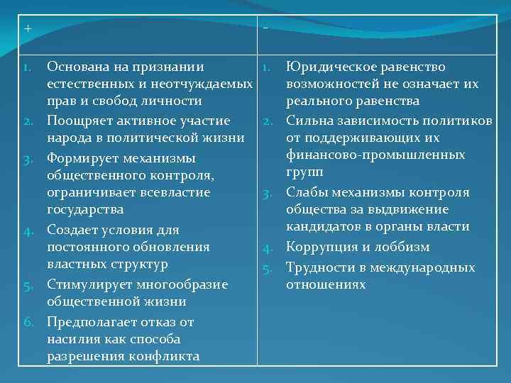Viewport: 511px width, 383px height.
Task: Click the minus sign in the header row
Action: point(265,28)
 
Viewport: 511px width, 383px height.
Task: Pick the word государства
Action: point(85,210)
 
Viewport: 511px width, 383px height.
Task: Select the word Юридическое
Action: point(327,67)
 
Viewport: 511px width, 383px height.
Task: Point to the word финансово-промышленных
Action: point(375,155)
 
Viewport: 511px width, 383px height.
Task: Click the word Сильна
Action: point(307,120)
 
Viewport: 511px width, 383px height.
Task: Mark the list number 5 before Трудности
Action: point(269,268)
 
